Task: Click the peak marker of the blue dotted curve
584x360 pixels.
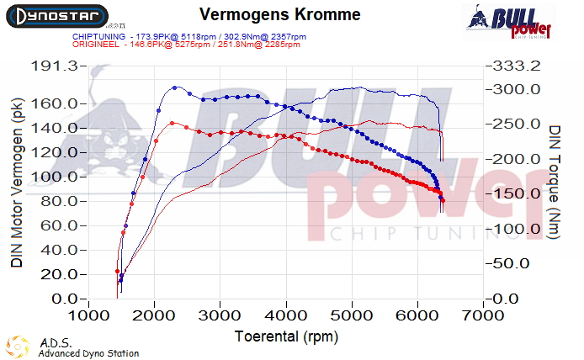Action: (175, 87)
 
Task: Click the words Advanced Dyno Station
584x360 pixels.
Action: (88, 353)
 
